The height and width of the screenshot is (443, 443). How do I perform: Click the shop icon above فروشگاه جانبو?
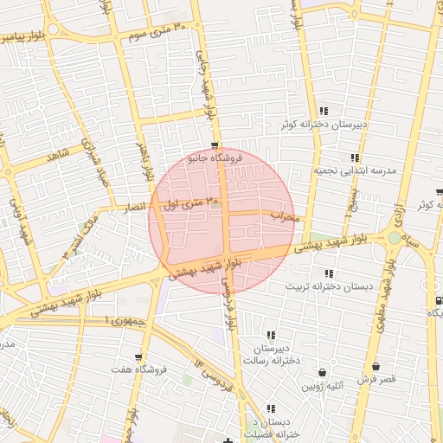click(x=215, y=145)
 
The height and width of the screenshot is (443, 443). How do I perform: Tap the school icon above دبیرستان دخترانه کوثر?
click(x=324, y=111)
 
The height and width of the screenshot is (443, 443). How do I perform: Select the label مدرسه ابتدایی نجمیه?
click(x=355, y=171)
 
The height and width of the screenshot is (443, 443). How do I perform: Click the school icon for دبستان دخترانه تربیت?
click(x=329, y=273)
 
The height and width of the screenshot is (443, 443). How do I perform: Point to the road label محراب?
click(x=284, y=215)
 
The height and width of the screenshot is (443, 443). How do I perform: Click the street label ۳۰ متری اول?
click(x=192, y=204)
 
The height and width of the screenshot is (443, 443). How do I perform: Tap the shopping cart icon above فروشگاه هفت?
click(x=138, y=356)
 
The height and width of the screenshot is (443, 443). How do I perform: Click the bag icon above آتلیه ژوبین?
click(x=323, y=373)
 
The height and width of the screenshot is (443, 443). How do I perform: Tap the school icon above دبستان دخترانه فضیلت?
click(x=272, y=408)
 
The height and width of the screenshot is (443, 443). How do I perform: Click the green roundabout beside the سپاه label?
click(x=395, y=237)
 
